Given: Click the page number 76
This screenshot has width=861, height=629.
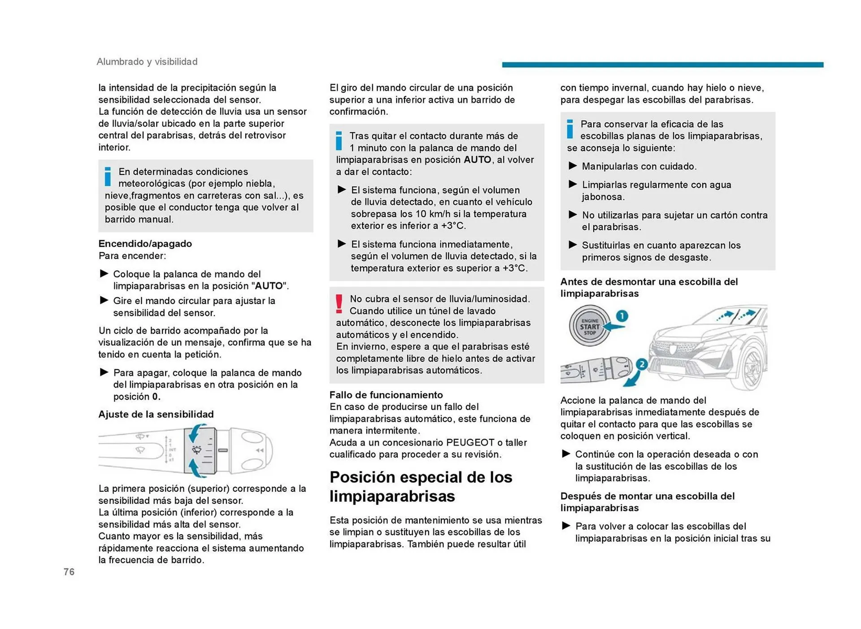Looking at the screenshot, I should point(69,572).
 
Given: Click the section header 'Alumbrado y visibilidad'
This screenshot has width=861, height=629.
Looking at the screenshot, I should point(147,61).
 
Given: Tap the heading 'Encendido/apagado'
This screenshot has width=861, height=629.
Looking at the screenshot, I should point(145,244).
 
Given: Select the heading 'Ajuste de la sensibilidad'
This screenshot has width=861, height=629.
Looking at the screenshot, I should point(156,414).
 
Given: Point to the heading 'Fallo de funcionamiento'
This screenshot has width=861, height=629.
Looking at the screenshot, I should point(386,395).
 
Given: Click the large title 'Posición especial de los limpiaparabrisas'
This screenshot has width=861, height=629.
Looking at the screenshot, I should point(421,486).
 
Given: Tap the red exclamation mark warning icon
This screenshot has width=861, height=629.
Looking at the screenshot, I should point(339,304).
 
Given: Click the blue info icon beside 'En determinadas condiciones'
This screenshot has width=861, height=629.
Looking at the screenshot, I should point(108,176).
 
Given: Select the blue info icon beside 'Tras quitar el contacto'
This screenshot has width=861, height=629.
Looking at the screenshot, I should point(339,141).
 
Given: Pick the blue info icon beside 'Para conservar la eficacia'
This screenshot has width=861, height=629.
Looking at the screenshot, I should point(570,129).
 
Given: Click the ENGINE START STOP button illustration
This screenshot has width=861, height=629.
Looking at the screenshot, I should point(589,326).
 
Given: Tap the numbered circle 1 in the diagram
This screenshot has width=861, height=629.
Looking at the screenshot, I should point(622,316).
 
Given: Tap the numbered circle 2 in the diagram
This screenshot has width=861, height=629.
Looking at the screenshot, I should point(642,364).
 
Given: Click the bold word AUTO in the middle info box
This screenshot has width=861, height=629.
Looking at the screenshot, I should point(477,160).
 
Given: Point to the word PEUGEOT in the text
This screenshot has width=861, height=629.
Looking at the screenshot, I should point(470,442).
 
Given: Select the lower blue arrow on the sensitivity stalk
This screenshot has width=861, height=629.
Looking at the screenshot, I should point(195,468).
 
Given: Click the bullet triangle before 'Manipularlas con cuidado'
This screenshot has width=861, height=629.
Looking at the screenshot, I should point(573,166).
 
